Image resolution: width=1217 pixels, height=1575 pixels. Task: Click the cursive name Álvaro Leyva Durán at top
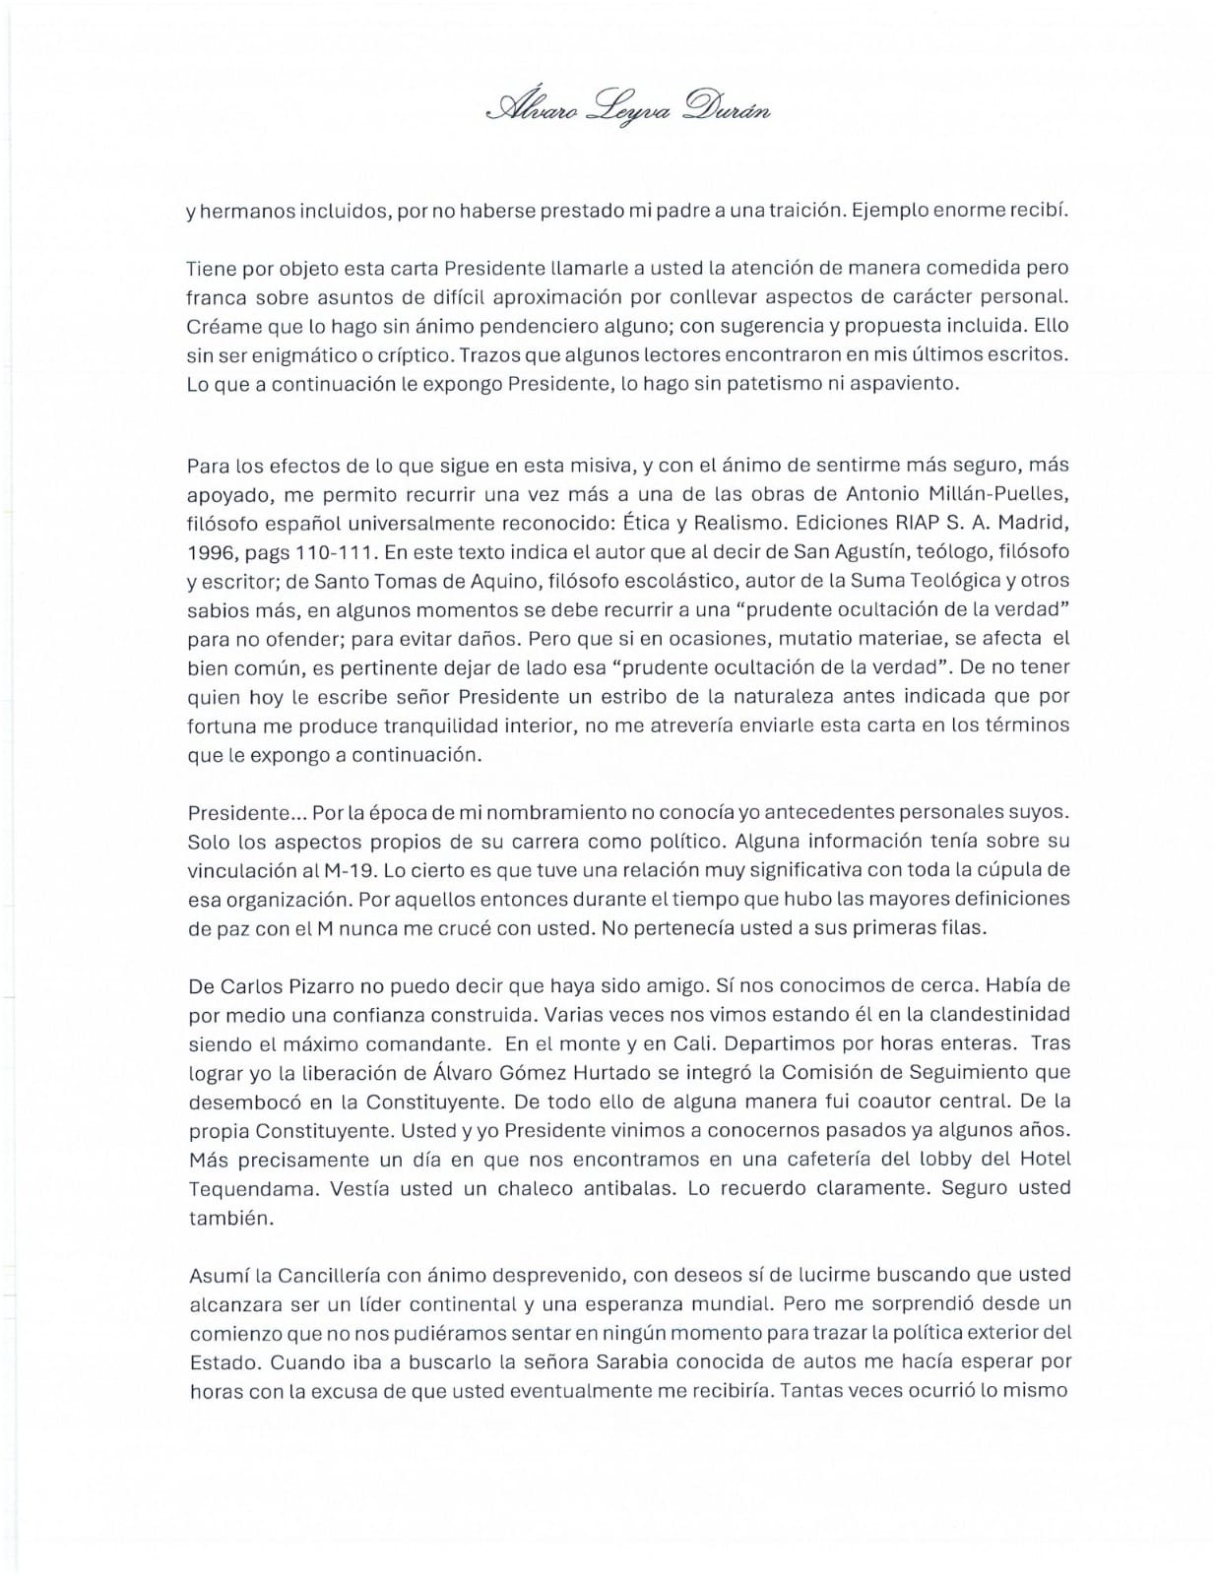click(x=629, y=106)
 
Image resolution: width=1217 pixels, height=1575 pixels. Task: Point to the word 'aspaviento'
click(x=903, y=383)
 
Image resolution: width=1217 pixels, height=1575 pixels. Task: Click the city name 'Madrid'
click(x=1035, y=523)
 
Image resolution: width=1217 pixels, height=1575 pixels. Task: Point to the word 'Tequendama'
click(x=238, y=1187)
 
